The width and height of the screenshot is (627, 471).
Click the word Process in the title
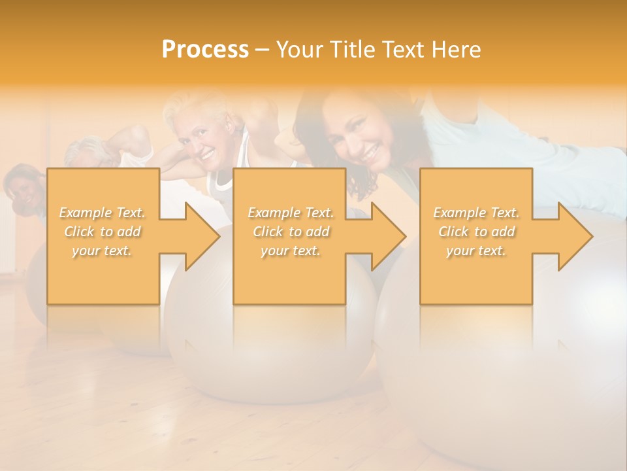tap(205, 50)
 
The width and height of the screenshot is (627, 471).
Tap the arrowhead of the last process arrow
tap(574, 236)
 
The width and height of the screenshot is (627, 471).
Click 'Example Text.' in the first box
tap(102, 213)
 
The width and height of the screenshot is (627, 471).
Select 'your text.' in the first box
tap(102, 251)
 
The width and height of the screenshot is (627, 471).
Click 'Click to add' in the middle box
tap(291, 232)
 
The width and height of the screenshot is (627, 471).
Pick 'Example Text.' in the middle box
tap(291, 213)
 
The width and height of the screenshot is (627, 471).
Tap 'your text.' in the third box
tap(476, 251)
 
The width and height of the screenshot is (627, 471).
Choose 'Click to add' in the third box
tap(476, 232)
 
